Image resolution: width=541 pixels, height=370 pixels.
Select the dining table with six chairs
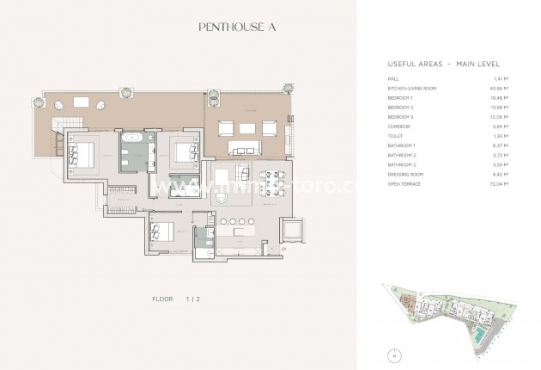point(270,182)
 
